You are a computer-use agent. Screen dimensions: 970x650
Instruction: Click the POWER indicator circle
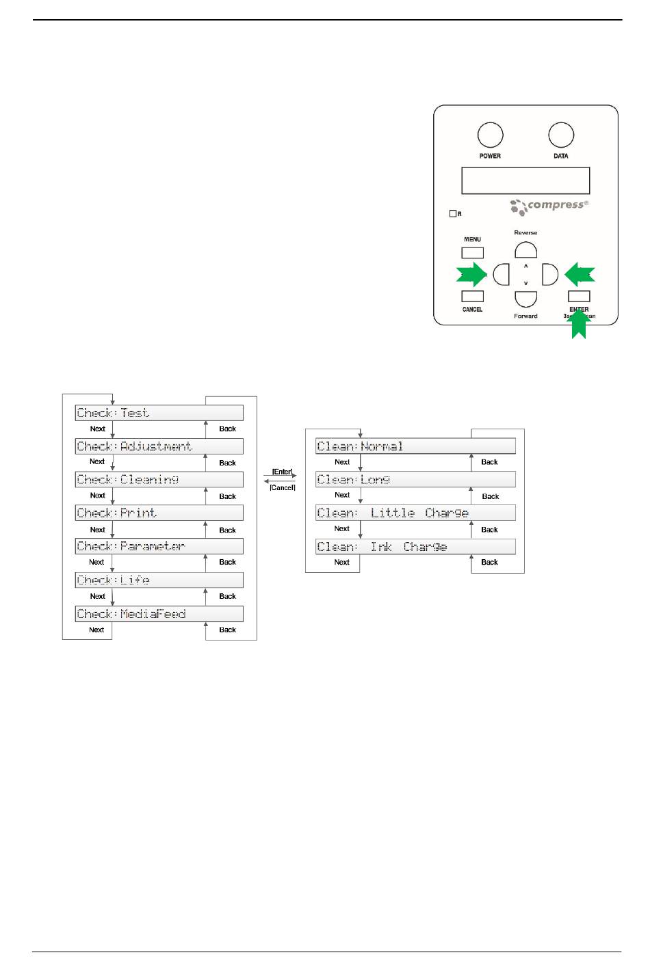490,135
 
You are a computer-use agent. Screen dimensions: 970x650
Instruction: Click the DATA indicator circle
561,135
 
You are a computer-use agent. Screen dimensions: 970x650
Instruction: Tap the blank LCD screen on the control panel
525,181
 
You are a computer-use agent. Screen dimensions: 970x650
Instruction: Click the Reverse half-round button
525,250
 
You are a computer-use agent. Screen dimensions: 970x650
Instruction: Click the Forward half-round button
525,299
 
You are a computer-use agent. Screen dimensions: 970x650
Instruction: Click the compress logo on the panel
549,206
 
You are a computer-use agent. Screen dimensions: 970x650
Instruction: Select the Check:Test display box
159,413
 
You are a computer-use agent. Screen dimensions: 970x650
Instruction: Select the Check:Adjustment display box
159,446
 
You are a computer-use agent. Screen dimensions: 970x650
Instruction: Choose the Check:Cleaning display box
159,480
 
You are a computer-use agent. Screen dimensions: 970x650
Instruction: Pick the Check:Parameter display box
159,546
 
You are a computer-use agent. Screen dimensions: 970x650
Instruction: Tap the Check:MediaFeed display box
159,614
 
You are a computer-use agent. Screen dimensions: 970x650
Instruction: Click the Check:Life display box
159,580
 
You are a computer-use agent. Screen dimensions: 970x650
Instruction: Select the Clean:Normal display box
415,446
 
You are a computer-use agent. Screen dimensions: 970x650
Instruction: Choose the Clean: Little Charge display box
415,513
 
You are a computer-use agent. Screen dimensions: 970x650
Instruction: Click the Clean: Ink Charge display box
415,547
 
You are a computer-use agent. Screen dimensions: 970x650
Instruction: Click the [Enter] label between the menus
282,472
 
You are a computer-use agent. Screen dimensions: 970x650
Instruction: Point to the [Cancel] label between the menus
282,487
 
